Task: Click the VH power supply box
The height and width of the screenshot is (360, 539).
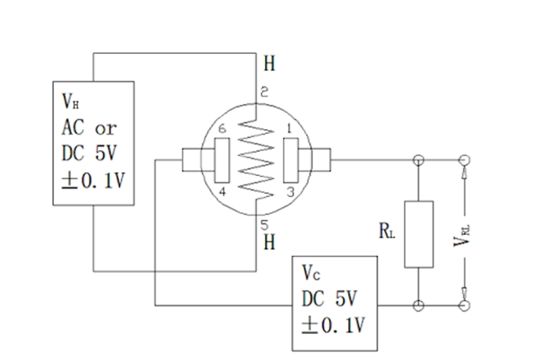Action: (x=93, y=142)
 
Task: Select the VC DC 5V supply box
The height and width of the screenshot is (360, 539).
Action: (x=335, y=302)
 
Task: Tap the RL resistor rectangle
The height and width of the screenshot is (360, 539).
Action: (x=419, y=234)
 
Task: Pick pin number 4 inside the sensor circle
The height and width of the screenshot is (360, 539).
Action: (x=222, y=191)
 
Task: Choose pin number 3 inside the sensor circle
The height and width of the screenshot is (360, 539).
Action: (x=288, y=191)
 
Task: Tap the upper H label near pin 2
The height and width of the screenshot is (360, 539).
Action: (x=269, y=65)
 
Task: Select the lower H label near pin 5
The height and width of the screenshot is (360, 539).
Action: (x=269, y=243)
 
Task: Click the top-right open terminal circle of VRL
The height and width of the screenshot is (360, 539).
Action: (x=463, y=159)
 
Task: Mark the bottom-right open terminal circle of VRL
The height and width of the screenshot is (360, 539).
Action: (x=463, y=305)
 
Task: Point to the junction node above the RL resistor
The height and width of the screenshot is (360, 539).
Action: (x=419, y=159)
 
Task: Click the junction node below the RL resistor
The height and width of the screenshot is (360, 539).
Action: (x=419, y=305)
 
